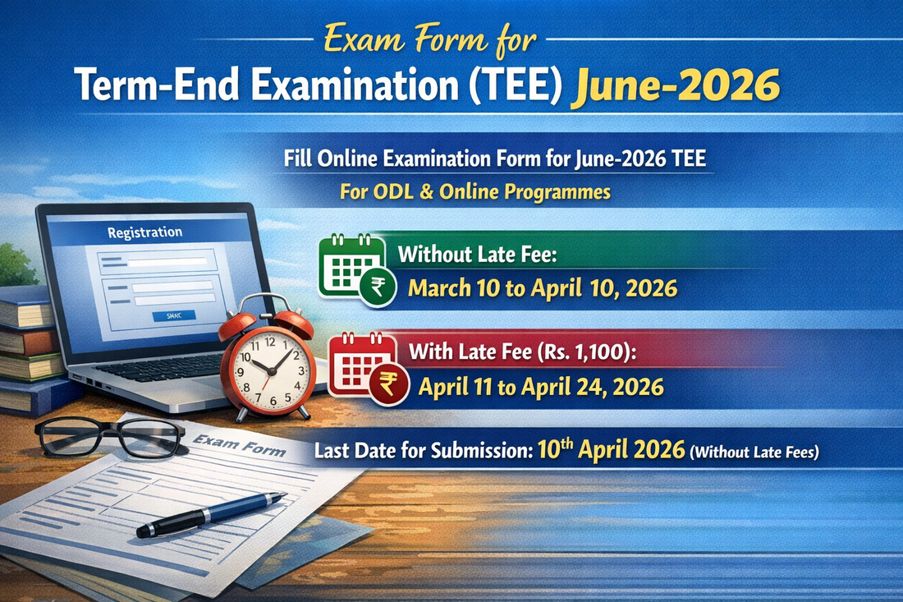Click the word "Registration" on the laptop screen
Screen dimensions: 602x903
coord(144,233)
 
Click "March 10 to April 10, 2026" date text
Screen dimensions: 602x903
coord(543,289)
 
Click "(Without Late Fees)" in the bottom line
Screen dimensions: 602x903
coord(754,452)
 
